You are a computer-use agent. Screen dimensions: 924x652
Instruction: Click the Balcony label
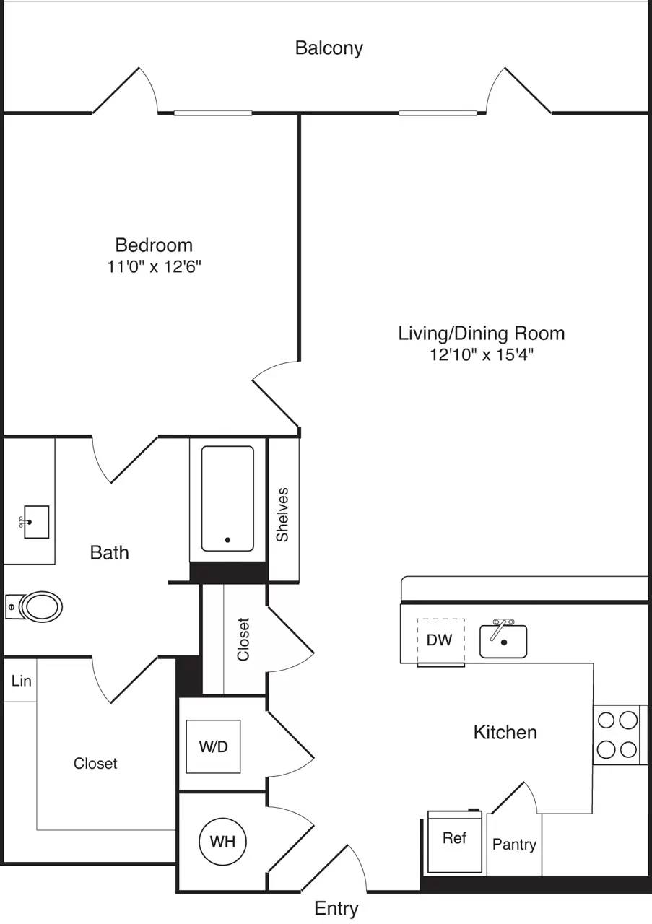point(329,48)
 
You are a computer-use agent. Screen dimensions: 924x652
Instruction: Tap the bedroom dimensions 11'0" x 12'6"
point(154,267)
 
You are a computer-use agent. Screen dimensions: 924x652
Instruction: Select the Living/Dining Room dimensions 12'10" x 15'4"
point(481,354)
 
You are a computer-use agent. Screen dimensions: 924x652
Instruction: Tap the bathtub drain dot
point(228,539)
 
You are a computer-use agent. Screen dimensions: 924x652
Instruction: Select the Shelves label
point(282,514)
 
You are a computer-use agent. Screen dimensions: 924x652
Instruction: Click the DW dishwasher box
point(440,640)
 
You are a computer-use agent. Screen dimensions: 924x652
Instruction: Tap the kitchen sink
point(503,641)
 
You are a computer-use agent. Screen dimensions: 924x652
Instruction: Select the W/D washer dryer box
point(213,746)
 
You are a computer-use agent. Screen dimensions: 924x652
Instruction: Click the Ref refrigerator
point(454,840)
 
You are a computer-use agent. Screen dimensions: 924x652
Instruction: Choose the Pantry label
point(514,844)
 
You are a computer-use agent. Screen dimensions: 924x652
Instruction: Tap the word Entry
point(336,908)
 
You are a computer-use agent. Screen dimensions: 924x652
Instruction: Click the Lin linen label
point(22,680)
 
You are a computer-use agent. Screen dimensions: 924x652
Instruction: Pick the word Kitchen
point(505,732)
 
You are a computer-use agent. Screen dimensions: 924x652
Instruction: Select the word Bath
point(110,552)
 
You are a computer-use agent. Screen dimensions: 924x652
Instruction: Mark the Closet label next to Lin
point(95,763)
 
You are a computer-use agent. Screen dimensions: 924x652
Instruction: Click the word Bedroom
point(154,245)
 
